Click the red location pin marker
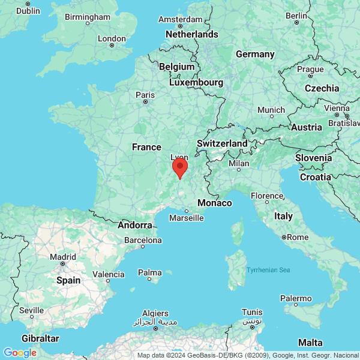pos(179,167)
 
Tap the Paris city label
pos(145,95)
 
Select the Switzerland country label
pos(222,144)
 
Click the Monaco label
pos(214,203)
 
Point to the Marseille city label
pos(186,218)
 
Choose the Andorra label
pos(135,225)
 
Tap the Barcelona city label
pos(143,240)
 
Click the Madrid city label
pos(63,256)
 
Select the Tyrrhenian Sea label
pos(268,270)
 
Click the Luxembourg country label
pos(196,82)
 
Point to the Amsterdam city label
pos(180,19)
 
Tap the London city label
pos(112,38)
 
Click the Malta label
pos(310,342)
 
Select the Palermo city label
pos(296,298)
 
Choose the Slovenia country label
pos(313,158)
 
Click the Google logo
pos(20,353)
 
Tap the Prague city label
pos(310,69)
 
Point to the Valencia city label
pos(109,274)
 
